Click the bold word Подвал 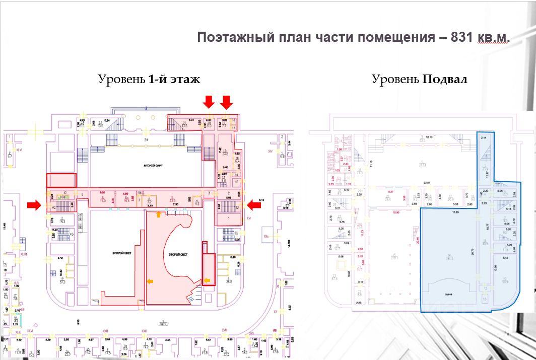click(445, 80)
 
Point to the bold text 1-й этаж click(174, 80)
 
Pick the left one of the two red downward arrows click(209, 102)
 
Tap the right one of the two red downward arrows click(227, 102)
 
